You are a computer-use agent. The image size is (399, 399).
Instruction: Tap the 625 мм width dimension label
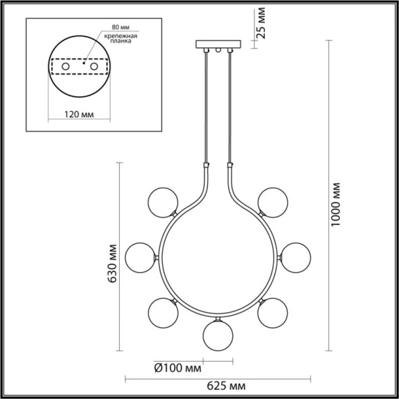point(225,385)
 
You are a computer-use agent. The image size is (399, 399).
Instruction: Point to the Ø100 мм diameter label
point(178,368)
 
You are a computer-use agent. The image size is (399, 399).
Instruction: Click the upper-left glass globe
point(162,201)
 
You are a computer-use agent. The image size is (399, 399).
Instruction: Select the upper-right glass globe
point(271,201)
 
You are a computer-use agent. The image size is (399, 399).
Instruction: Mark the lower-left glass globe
point(163,312)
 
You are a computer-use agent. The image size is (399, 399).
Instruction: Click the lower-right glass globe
point(271,312)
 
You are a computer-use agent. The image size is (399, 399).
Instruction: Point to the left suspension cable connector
point(205,165)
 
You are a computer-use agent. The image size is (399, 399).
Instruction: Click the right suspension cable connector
point(230,165)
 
